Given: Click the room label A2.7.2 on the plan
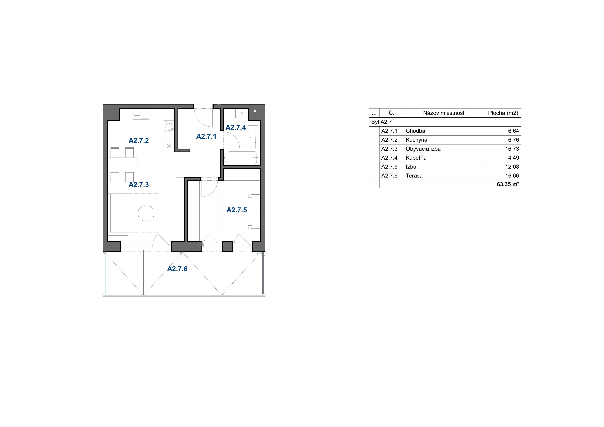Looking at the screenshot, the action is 139,140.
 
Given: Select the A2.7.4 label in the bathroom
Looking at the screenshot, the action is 236,128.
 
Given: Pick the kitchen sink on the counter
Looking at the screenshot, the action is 141,114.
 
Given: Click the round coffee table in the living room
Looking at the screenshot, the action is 146,213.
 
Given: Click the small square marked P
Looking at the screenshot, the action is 242,114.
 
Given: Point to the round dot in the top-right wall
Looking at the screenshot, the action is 255,111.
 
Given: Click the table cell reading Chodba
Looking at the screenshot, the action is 415,131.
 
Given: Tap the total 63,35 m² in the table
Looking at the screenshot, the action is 508,184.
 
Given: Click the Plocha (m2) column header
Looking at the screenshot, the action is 503,113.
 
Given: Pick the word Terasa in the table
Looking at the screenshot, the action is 414,176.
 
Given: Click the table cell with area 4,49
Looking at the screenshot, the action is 513,158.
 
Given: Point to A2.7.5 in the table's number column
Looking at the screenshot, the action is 389,167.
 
